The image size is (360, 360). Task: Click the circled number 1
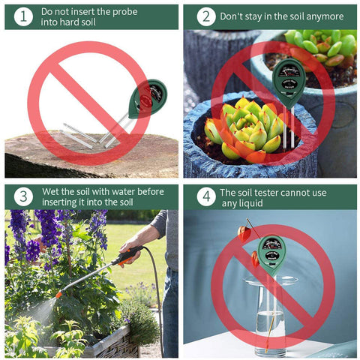(23, 16)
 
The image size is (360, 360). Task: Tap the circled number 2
(206, 16)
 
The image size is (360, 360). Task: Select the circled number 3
(23, 196)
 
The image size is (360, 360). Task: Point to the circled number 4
(206, 196)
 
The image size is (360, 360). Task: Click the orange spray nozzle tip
(59, 294)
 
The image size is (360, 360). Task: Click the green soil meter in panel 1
(148, 98)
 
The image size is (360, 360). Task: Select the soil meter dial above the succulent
(289, 71)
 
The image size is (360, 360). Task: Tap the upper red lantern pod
(244, 234)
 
